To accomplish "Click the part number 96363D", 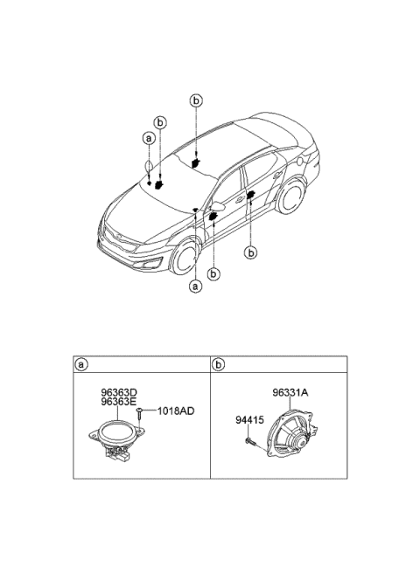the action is click(119, 393).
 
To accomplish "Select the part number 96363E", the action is click(119, 402).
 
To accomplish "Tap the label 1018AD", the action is click(176, 411).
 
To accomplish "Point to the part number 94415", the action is click(249, 420).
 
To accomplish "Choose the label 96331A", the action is click(290, 393).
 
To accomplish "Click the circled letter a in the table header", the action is click(80, 364).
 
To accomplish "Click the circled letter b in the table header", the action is click(218, 364).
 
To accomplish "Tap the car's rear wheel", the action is click(291, 197).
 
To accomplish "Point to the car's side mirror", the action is click(218, 206).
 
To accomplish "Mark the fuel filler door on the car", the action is click(302, 161).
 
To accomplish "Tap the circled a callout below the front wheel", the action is click(195, 286).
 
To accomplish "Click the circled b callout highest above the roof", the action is click(196, 100).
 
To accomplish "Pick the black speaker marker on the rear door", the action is click(251, 195).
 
